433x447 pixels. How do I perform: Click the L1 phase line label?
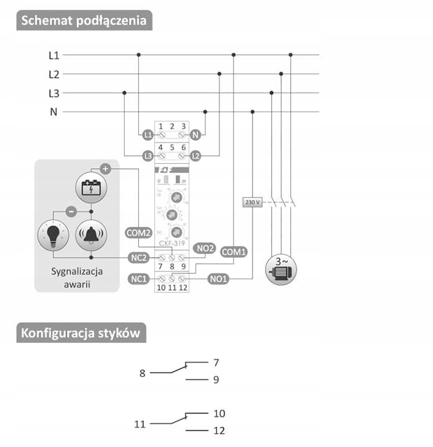(x=54, y=55)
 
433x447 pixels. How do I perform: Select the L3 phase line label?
(x=54, y=93)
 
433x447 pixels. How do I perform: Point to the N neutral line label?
(x=53, y=112)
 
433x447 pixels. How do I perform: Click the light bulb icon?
(x=53, y=235)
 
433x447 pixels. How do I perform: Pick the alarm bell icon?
(x=91, y=235)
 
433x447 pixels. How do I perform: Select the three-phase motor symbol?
(x=281, y=269)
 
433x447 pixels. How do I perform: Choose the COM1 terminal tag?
(x=234, y=253)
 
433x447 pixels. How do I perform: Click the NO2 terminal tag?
(x=205, y=248)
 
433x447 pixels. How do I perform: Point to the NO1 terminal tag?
(x=218, y=279)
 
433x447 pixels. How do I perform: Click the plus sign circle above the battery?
(x=105, y=168)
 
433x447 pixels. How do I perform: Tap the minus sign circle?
(x=71, y=211)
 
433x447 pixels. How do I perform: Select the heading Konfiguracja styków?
(x=81, y=333)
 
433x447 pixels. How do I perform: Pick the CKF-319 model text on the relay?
(x=171, y=243)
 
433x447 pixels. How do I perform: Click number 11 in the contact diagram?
(x=140, y=425)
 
